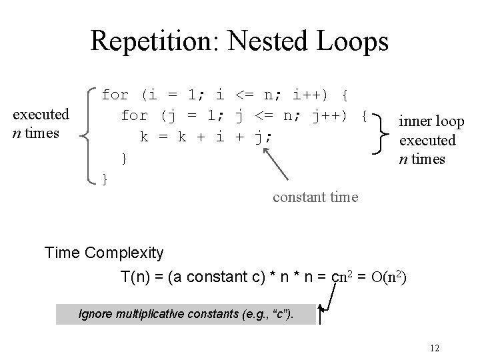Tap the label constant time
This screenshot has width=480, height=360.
pos(315,197)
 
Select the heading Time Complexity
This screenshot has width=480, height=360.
pos(103,253)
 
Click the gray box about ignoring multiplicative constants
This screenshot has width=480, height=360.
pos(187,313)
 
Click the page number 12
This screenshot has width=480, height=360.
pos(434,348)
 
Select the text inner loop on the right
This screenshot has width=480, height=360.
pos(431,121)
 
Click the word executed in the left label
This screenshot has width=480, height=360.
pos(41,115)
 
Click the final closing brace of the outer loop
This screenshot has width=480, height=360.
pos(104,179)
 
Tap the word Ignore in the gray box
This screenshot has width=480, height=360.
pos(95,313)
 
